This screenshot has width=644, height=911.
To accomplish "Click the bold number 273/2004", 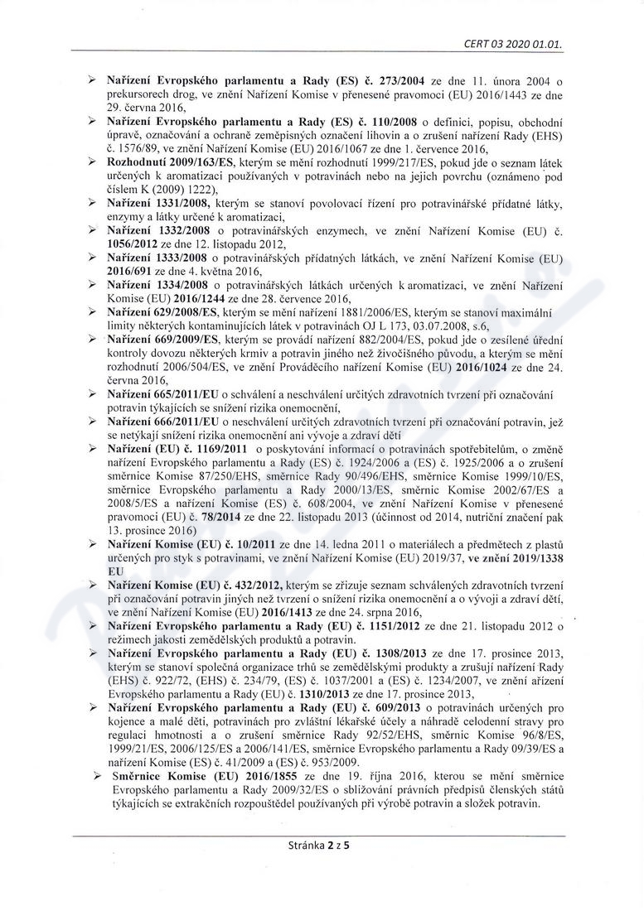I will [401, 82].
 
